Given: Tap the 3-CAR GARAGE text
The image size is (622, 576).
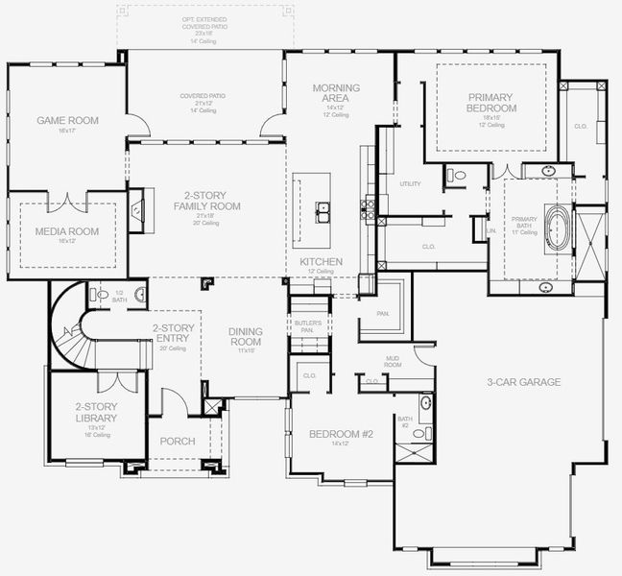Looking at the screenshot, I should [523, 382].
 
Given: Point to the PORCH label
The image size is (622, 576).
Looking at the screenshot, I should [177, 442].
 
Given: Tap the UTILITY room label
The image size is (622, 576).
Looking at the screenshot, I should [410, 183].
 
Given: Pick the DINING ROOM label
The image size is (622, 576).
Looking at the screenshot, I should [246, 337].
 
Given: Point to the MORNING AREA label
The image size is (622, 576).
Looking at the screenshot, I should [336, 93].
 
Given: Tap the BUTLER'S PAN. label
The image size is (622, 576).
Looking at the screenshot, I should [307, 326].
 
